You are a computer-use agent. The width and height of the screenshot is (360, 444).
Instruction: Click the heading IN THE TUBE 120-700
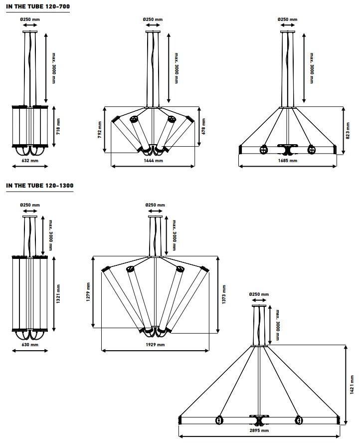38,7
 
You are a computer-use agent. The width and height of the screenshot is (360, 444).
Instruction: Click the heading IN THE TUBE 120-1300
40,186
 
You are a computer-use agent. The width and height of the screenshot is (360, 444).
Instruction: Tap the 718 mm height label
58,127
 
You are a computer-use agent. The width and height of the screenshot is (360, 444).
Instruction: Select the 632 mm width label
30,161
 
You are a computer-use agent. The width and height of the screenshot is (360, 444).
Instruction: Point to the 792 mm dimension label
100,130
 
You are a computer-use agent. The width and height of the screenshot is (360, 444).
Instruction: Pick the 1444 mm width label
153,161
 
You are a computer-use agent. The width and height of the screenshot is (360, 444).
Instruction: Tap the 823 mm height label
348,131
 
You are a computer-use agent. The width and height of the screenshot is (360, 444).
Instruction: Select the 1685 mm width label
287,161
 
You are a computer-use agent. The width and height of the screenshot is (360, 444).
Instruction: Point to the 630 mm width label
30,345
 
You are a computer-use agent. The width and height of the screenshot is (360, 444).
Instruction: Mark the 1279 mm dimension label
88,292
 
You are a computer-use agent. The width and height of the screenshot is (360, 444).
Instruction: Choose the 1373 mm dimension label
224,294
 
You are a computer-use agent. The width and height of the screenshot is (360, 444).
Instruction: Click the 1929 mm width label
155,345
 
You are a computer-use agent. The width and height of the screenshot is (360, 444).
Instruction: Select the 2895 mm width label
259,431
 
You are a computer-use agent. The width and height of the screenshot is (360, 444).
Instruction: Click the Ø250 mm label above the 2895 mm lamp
259,295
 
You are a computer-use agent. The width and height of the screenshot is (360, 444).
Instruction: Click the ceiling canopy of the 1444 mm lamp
153,31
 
